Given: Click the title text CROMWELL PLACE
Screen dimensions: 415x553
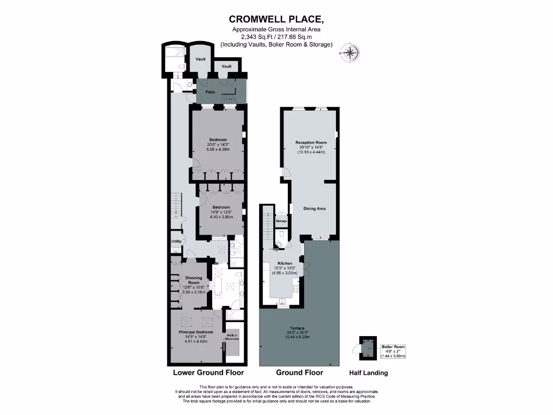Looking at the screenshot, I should tap(276, 20).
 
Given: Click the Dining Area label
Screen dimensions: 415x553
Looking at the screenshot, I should tap(314, 208).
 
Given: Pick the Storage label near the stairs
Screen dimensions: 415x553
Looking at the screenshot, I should tap(281, 221).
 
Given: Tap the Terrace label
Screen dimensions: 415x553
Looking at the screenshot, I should tap(296, 329).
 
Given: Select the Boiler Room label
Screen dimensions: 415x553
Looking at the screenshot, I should tap(392, 347).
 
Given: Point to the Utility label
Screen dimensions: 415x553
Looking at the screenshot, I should tap(176, 242).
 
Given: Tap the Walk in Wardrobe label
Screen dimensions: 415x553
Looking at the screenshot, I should tap(232, 337).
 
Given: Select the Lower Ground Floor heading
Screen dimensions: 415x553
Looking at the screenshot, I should tap(208, 373).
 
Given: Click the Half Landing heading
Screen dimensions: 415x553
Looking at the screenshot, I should tap(368, 373).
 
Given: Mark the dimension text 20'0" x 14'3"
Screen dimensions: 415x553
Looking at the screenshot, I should tap(218, 144).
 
